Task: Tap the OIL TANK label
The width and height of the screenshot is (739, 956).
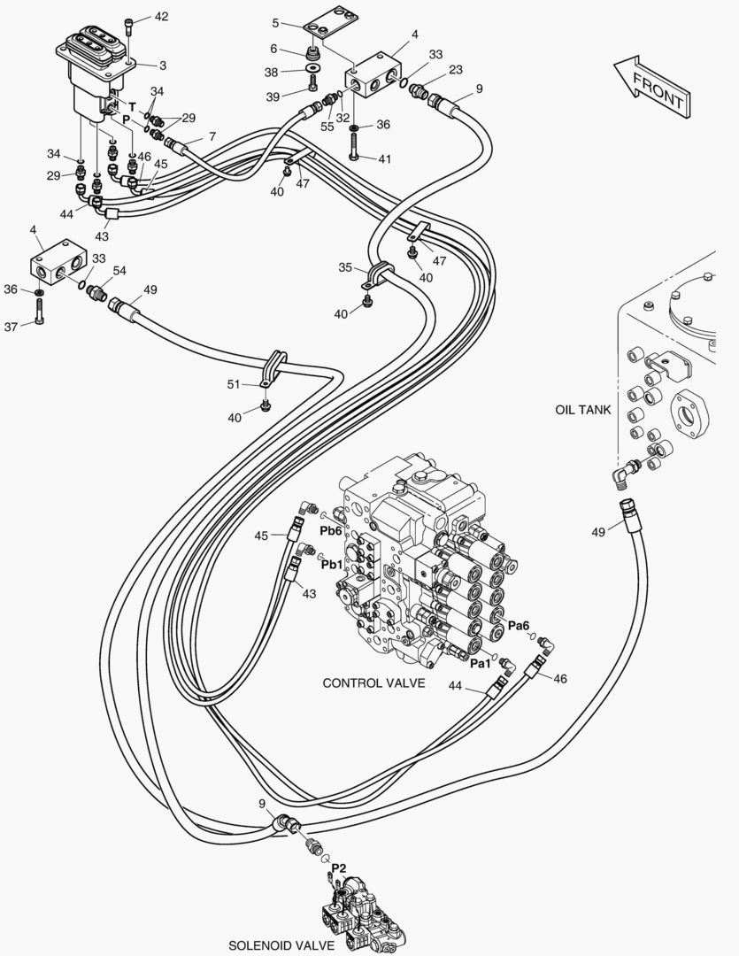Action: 582,410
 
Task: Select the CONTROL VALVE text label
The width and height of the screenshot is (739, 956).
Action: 373,683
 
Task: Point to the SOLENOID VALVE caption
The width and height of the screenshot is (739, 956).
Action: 281,945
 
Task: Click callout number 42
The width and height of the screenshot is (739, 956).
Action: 160,17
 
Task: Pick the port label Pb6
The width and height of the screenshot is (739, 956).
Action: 331,530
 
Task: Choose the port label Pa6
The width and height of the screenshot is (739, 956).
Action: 519,626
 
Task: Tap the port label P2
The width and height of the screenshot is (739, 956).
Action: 339,868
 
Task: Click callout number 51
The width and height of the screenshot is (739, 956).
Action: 234,383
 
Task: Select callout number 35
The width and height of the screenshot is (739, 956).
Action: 345,266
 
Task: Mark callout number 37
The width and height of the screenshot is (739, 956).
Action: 12,326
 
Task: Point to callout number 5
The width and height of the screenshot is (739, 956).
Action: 275,22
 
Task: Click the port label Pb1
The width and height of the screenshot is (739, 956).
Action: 332,564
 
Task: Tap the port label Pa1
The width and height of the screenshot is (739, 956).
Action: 481,663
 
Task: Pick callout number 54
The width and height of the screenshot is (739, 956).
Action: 119,271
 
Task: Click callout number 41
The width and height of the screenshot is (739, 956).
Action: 384,158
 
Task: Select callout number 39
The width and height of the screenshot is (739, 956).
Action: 273,96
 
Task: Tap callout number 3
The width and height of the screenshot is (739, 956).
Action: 163,65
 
